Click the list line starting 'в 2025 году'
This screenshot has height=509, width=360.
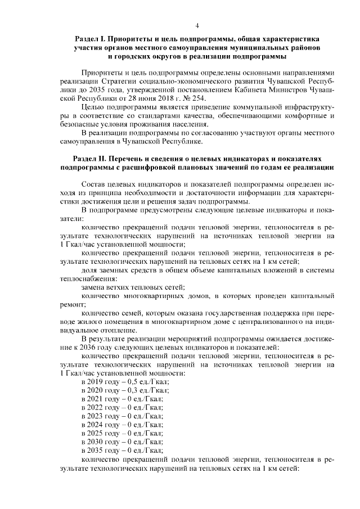(122, 434)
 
